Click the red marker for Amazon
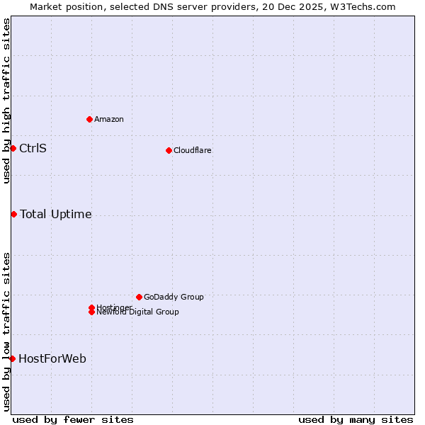(89, 119)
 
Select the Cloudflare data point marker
(169, 150)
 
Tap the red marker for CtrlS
(13, 148)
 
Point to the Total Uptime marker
(13, 214)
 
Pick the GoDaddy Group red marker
(139, 297)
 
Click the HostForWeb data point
(12, 358)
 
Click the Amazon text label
(108, 119)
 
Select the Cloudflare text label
(192, 150)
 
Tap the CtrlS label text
(33, 148)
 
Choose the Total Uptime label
(55, 214)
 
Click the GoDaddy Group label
(174, 297)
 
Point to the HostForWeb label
(52, 358)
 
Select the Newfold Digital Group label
(137, 312)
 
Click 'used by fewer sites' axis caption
(73, 419)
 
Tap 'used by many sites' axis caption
(356, 419)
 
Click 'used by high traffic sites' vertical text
(6, 101)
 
